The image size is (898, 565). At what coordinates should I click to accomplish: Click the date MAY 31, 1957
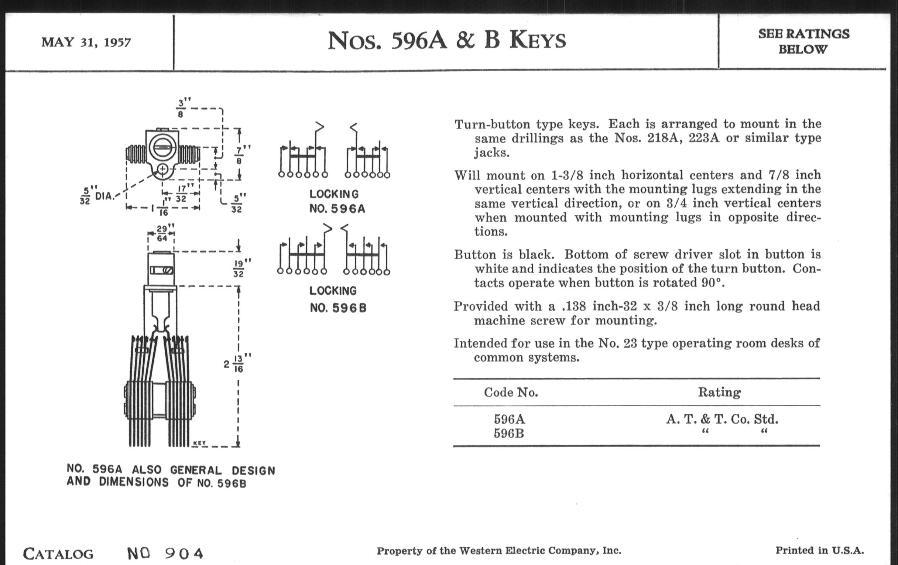click(86, 42)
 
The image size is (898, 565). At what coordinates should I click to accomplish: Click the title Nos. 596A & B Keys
click(446, 41)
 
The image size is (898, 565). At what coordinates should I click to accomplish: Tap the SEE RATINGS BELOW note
click(803, 41)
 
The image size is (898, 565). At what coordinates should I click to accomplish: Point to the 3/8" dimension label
click(181, 108)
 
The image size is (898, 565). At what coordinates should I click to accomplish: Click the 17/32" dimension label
click(182, 194)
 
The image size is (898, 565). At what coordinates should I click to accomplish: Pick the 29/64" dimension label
click(162, 233)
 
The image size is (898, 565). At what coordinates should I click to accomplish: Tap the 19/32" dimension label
click(239, 268)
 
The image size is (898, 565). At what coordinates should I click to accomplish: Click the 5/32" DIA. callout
click(96, 195)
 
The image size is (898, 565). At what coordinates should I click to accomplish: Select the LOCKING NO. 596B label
click(337, 299)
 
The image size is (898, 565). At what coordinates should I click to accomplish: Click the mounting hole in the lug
click(163, 170)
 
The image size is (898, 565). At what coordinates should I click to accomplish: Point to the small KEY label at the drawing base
click(199, 443)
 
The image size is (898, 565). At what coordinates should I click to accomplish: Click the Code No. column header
click(511, 392)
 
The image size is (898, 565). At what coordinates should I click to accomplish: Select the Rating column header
click(719, 392)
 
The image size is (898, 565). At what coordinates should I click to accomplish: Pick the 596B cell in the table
click(509, 434)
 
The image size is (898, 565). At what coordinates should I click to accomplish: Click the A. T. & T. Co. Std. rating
click(722, 420)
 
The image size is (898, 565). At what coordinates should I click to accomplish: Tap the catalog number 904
click(185, 554)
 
